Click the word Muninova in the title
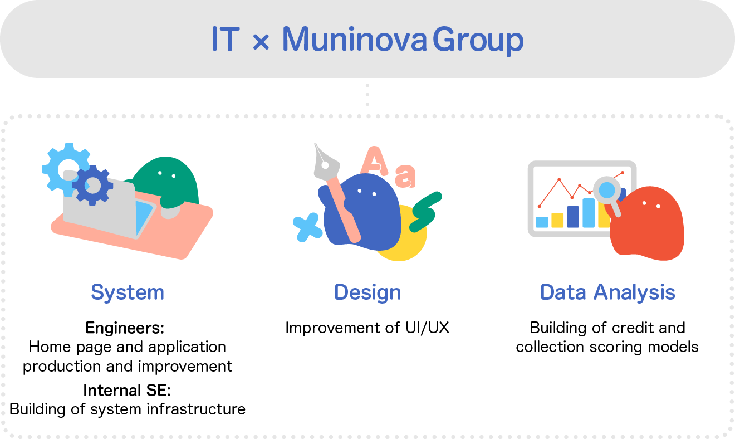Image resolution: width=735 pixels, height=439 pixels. [x=354, y=40]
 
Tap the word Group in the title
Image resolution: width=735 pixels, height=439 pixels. [x=478, y=41]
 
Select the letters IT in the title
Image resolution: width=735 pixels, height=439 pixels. [x=225, y=40]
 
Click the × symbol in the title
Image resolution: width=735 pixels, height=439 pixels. [x=261, y=42]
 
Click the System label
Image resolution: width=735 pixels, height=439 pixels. [x=128, y=292]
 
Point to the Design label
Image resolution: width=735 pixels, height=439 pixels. [x=367, y=292]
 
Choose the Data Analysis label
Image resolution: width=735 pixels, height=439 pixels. [x=607, y=292]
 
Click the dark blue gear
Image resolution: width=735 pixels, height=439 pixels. [x=92, y=185]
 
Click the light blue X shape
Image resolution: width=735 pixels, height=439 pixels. [x=307, y=227]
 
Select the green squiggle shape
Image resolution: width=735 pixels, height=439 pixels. [x=426, y=211]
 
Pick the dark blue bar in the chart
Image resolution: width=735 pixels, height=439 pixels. [x=573, y=216]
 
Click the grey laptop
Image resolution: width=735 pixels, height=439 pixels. [x=100, y=209]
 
